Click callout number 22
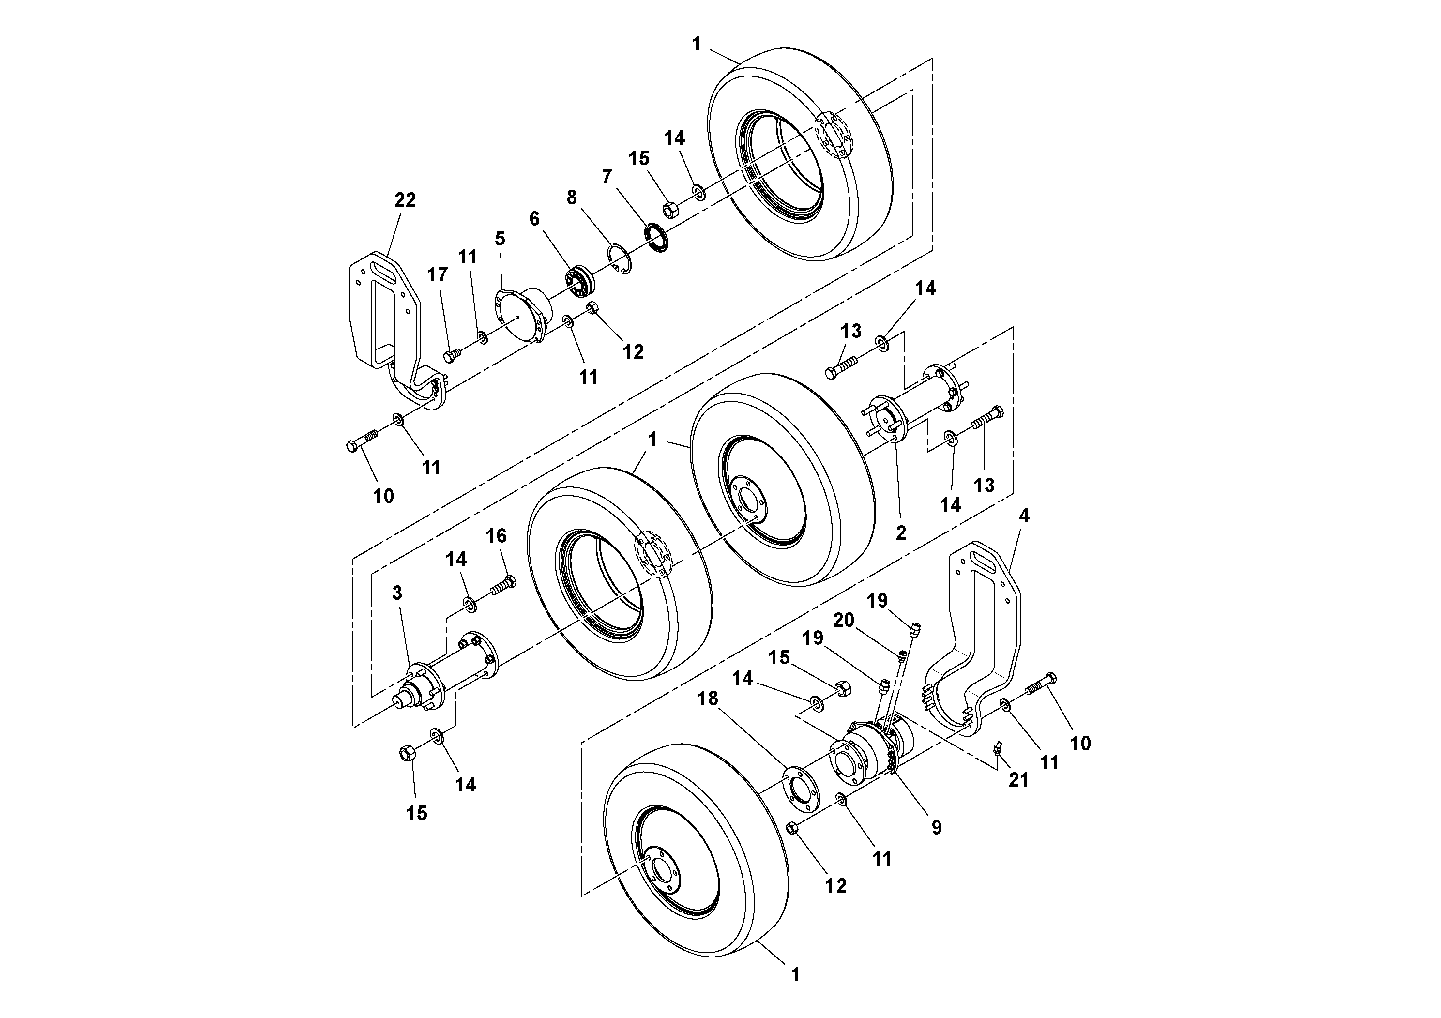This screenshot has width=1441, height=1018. click(x=405, y=200)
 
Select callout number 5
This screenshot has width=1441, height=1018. click(x=500, y=239)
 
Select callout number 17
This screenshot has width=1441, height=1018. click(x=438, y=274)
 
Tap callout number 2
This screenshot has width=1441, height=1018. click(x=901, y=533)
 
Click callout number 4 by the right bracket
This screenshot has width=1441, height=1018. click(x=1024, y=516)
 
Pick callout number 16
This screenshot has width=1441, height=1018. click(x=496, y=535)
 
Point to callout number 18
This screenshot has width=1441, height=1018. click(x=708, y=698)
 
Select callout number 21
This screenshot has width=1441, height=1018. click(x=1018, y=779)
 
